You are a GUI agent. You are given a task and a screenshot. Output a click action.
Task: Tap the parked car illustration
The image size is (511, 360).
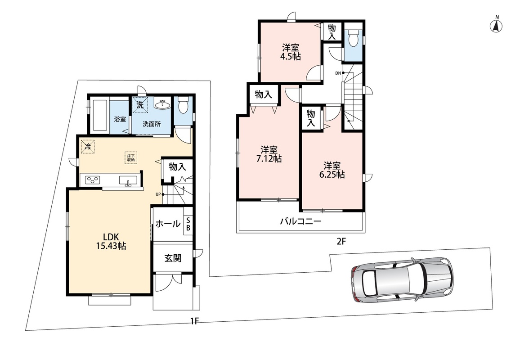pos(402,280)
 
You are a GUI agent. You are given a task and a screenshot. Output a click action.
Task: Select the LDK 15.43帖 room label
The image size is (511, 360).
pos(111,241)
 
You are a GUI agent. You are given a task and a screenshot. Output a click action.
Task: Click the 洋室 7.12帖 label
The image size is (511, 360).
pos(269,154)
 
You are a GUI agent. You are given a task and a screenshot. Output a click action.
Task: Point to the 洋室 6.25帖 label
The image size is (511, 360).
pos(332,170)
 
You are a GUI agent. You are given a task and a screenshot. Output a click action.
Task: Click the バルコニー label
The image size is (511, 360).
pos(301,222)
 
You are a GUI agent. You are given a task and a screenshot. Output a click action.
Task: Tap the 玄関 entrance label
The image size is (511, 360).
pos(173,258)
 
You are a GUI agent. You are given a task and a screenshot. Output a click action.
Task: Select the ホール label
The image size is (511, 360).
pos(168,224)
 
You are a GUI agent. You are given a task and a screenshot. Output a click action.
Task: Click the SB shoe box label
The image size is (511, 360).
pos(188,224)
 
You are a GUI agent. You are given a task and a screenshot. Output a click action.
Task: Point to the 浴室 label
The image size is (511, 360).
pos(120,119)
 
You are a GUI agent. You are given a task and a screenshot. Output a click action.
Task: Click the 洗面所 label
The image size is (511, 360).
pos(152,124)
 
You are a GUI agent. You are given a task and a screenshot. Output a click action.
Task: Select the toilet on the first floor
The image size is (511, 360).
pos(184,105)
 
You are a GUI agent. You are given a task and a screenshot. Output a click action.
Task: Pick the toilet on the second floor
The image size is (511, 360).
pos(353,39)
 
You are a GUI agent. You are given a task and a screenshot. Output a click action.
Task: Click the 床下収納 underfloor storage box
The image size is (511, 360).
pos(131,157)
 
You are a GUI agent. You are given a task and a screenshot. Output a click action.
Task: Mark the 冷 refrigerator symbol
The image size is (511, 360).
pos(87,146)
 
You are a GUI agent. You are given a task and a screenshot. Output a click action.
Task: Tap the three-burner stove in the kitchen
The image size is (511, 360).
pos(93,180)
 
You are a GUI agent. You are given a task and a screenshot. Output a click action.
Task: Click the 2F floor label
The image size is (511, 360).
pos(341,242)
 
